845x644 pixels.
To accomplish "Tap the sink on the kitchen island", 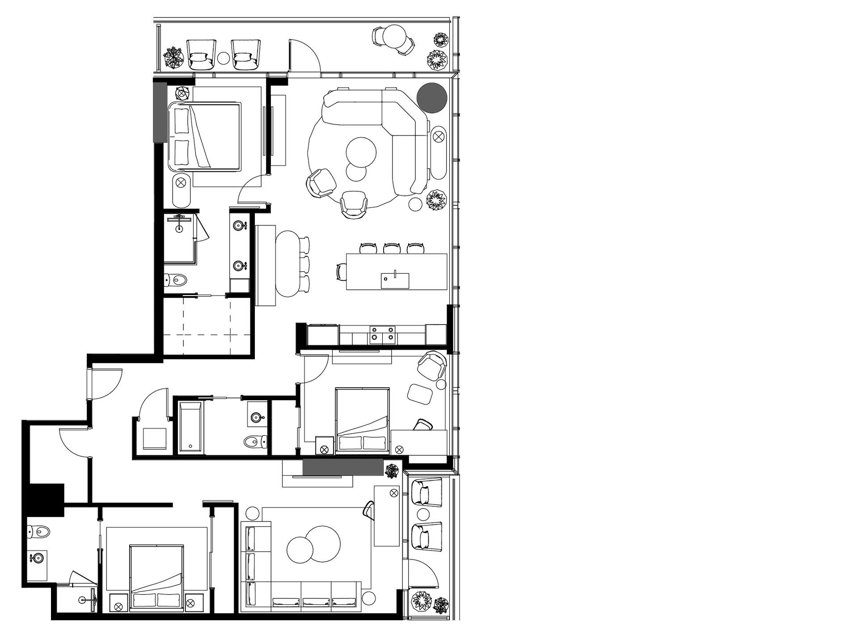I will [395, 280].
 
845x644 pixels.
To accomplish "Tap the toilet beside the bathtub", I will [255, 442].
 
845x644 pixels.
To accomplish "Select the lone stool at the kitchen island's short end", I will [341, 271].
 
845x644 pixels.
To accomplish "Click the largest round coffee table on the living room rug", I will [361, 151].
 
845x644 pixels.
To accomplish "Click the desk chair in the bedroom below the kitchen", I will [422, 425].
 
